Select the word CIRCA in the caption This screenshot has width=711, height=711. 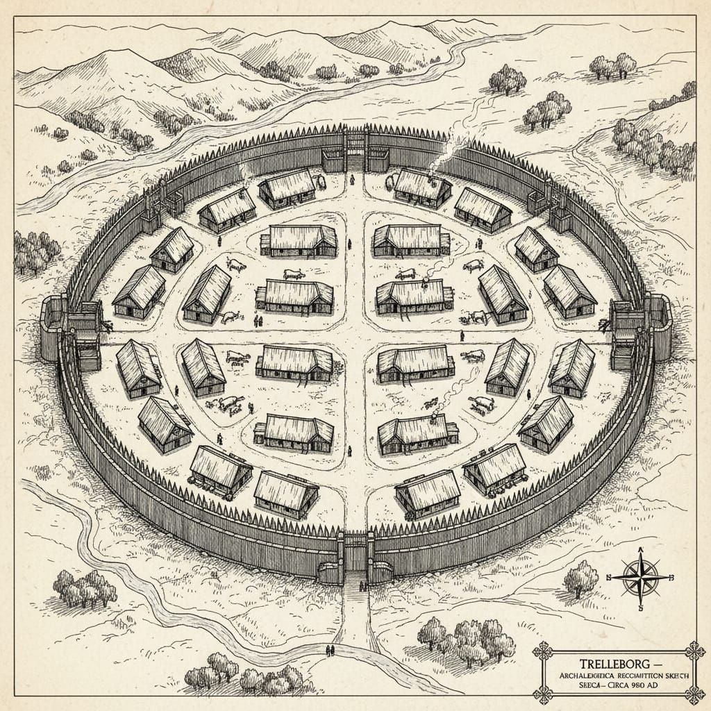point(623,685)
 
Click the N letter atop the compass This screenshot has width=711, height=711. point(639,548)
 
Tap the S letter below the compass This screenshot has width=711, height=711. point(641,608)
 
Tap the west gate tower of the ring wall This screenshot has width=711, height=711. point(56,326)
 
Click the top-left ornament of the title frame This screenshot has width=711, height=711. point(542,651)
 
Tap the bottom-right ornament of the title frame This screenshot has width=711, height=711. point(692,693)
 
